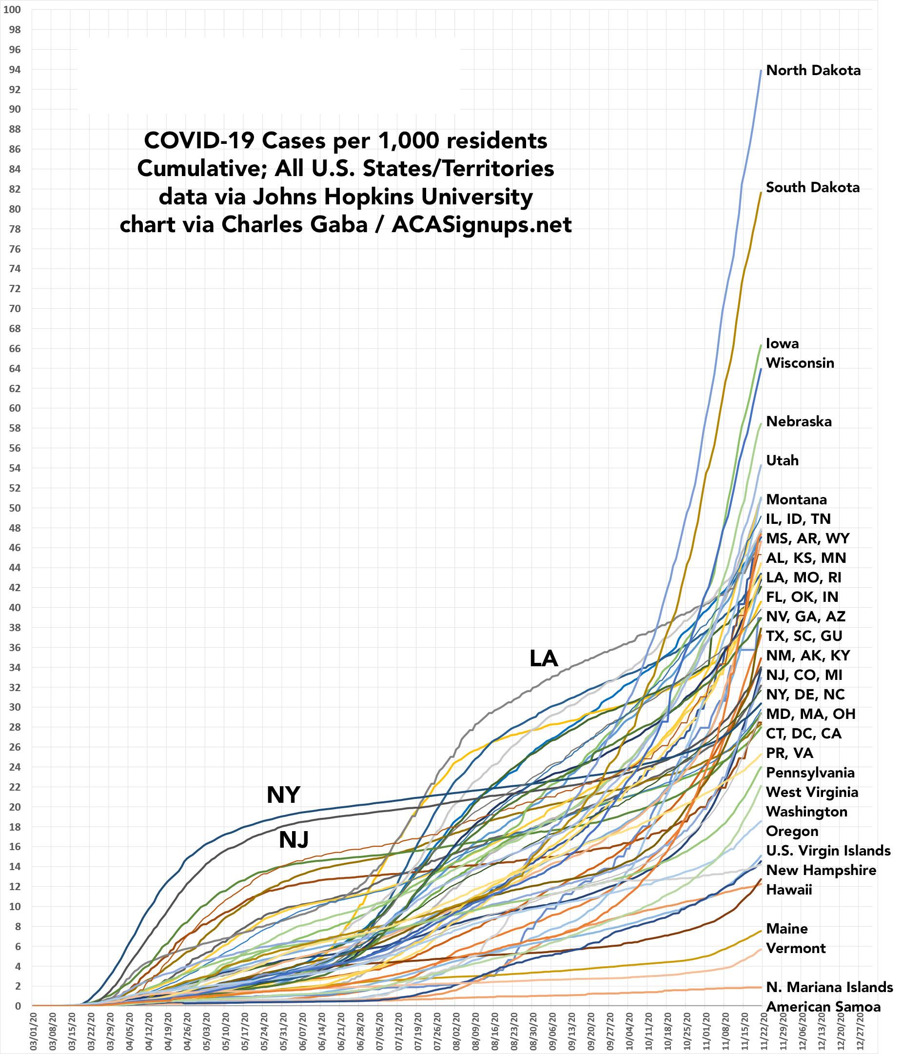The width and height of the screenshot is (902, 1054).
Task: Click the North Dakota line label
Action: [x=813, y=70]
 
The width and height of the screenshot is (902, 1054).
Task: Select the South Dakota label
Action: [x=812, y=187]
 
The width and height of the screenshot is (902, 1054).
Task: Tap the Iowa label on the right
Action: [x=782, y=343]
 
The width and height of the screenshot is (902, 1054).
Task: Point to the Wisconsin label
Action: [x=800, y=363]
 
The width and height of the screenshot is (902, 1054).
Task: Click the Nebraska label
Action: [x=799, y=421]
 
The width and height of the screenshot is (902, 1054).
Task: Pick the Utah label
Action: [x=782, y=460]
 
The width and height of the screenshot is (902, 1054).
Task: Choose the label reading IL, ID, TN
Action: [x=798, y=518]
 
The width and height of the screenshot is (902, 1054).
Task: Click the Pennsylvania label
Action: [x=810, y=772]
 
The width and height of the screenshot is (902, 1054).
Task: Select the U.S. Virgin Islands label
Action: [x=828, y=851]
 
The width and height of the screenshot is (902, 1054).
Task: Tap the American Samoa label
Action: [x=823, y=1007]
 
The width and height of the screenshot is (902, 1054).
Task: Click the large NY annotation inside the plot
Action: [x=283, y=795]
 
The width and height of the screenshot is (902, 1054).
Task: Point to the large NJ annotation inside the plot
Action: [x=294, y=840]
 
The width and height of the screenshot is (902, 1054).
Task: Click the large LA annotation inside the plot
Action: [x=544, y=659]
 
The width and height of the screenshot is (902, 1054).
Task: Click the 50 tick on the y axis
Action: [x=14, y=508]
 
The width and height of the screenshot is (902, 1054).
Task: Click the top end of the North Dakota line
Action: [x=760, y=70]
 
